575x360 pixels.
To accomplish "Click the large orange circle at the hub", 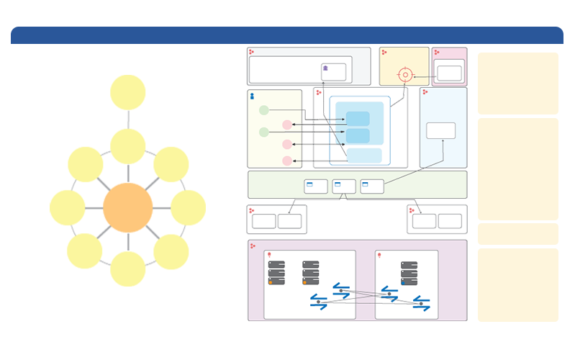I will coord(128,207).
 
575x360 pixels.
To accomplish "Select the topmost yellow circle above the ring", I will coord(128,93).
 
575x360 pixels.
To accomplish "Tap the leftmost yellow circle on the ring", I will coord(68,207).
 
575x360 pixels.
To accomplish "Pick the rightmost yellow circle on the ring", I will coord(188,207).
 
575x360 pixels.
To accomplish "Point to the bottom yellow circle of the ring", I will coord(128,269).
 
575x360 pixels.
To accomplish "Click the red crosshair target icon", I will coord(405,75).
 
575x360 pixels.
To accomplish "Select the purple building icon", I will coord(325,69).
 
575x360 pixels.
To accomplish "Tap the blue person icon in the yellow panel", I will coord(252,96).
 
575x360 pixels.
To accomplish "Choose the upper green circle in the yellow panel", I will coord(263,110).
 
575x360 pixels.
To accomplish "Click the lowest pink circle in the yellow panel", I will coord(287,160).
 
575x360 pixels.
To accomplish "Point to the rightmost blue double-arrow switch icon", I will coord(422,303).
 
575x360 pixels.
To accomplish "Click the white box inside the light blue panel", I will coord(440,130).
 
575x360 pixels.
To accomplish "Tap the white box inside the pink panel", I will coord(449,73).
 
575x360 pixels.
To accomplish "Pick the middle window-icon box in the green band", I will coord(344,186).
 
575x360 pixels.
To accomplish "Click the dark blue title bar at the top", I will coord(287,35).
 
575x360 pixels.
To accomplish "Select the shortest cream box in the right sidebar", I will coord(517,233).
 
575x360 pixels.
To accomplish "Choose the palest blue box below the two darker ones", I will coord(364,156).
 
